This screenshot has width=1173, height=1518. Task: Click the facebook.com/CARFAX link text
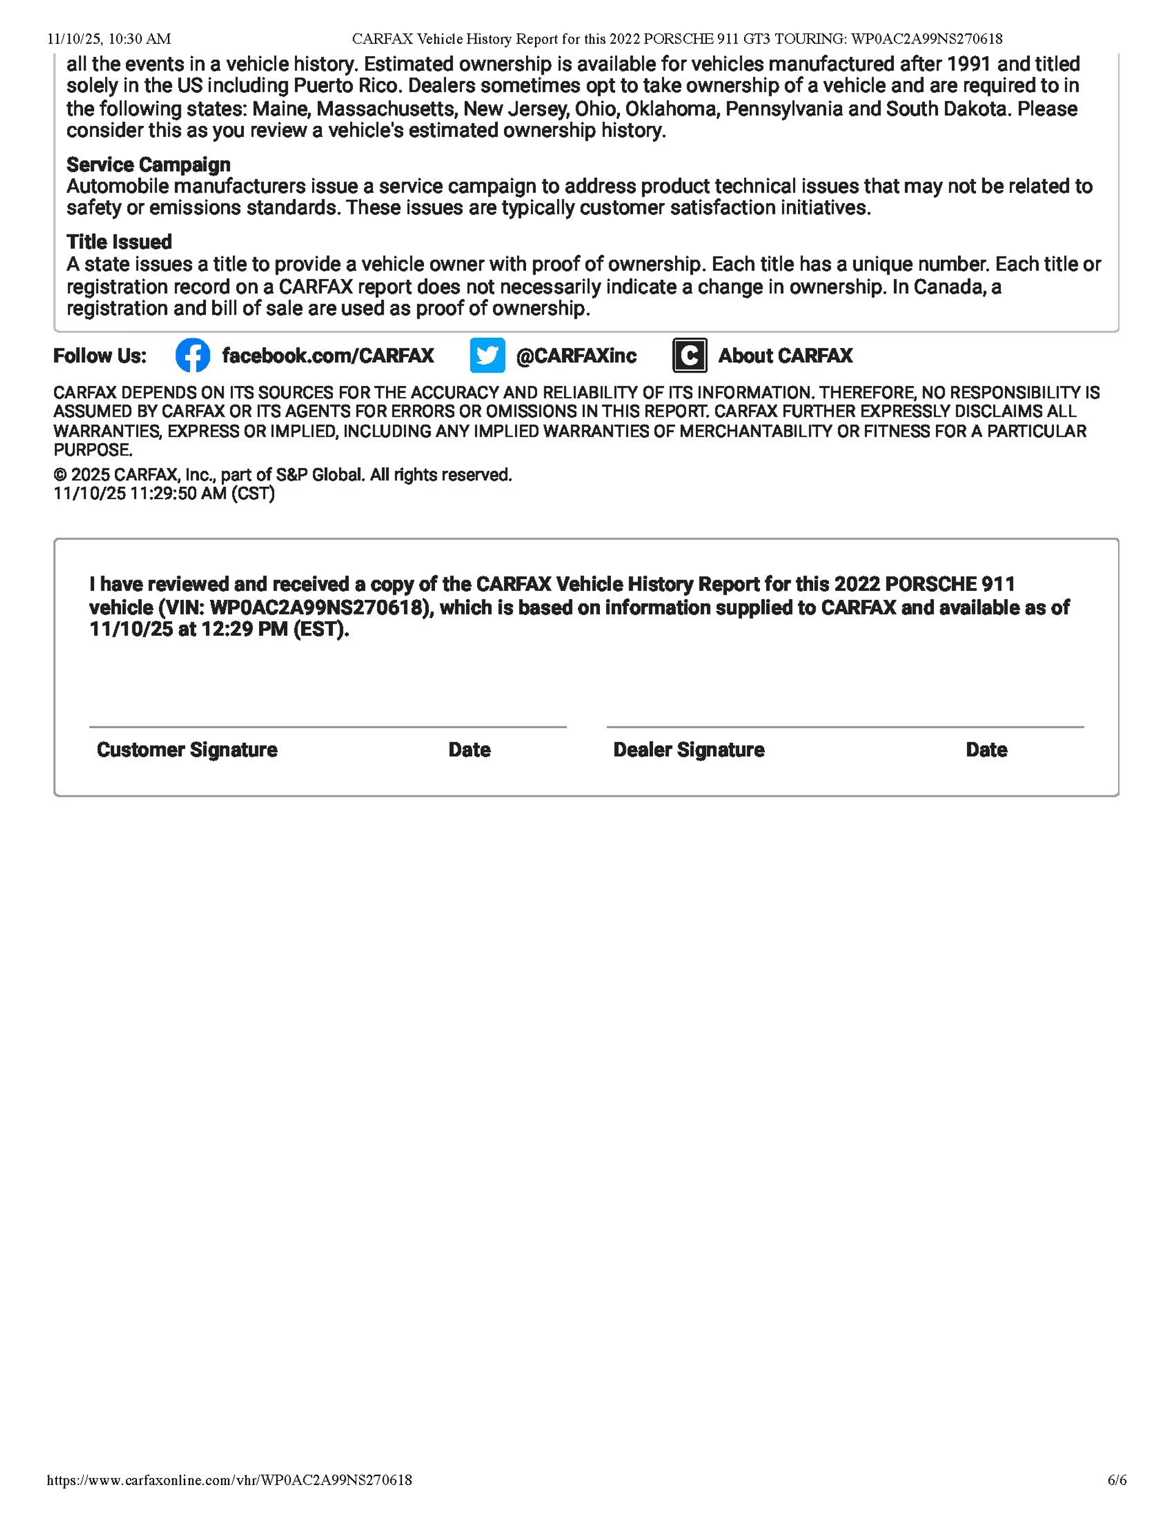click(327, 356)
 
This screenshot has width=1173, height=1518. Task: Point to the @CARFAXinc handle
click(576, 356)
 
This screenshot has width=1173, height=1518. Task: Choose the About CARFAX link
click(785, 356)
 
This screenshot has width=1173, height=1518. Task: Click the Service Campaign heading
click(148, 165)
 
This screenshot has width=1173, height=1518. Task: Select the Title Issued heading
click(119, 242)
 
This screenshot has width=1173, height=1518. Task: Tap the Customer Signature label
click(187, 750)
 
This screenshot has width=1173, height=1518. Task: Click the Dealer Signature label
click(689, 750)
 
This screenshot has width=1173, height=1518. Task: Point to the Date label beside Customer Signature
click(469, 750)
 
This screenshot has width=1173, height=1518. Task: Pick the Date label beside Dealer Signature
click(986, 750)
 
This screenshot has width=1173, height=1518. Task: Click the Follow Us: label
click(100, 356)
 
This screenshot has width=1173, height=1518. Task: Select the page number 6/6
click(1117, 1480)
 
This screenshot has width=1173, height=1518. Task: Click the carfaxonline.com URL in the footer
click(230, 1480)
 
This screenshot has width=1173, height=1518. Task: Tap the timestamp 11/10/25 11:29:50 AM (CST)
click(164, 494)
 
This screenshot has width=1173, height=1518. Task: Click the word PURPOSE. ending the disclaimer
click(92, 450)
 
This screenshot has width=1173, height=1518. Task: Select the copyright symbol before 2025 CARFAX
click(60, 475)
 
